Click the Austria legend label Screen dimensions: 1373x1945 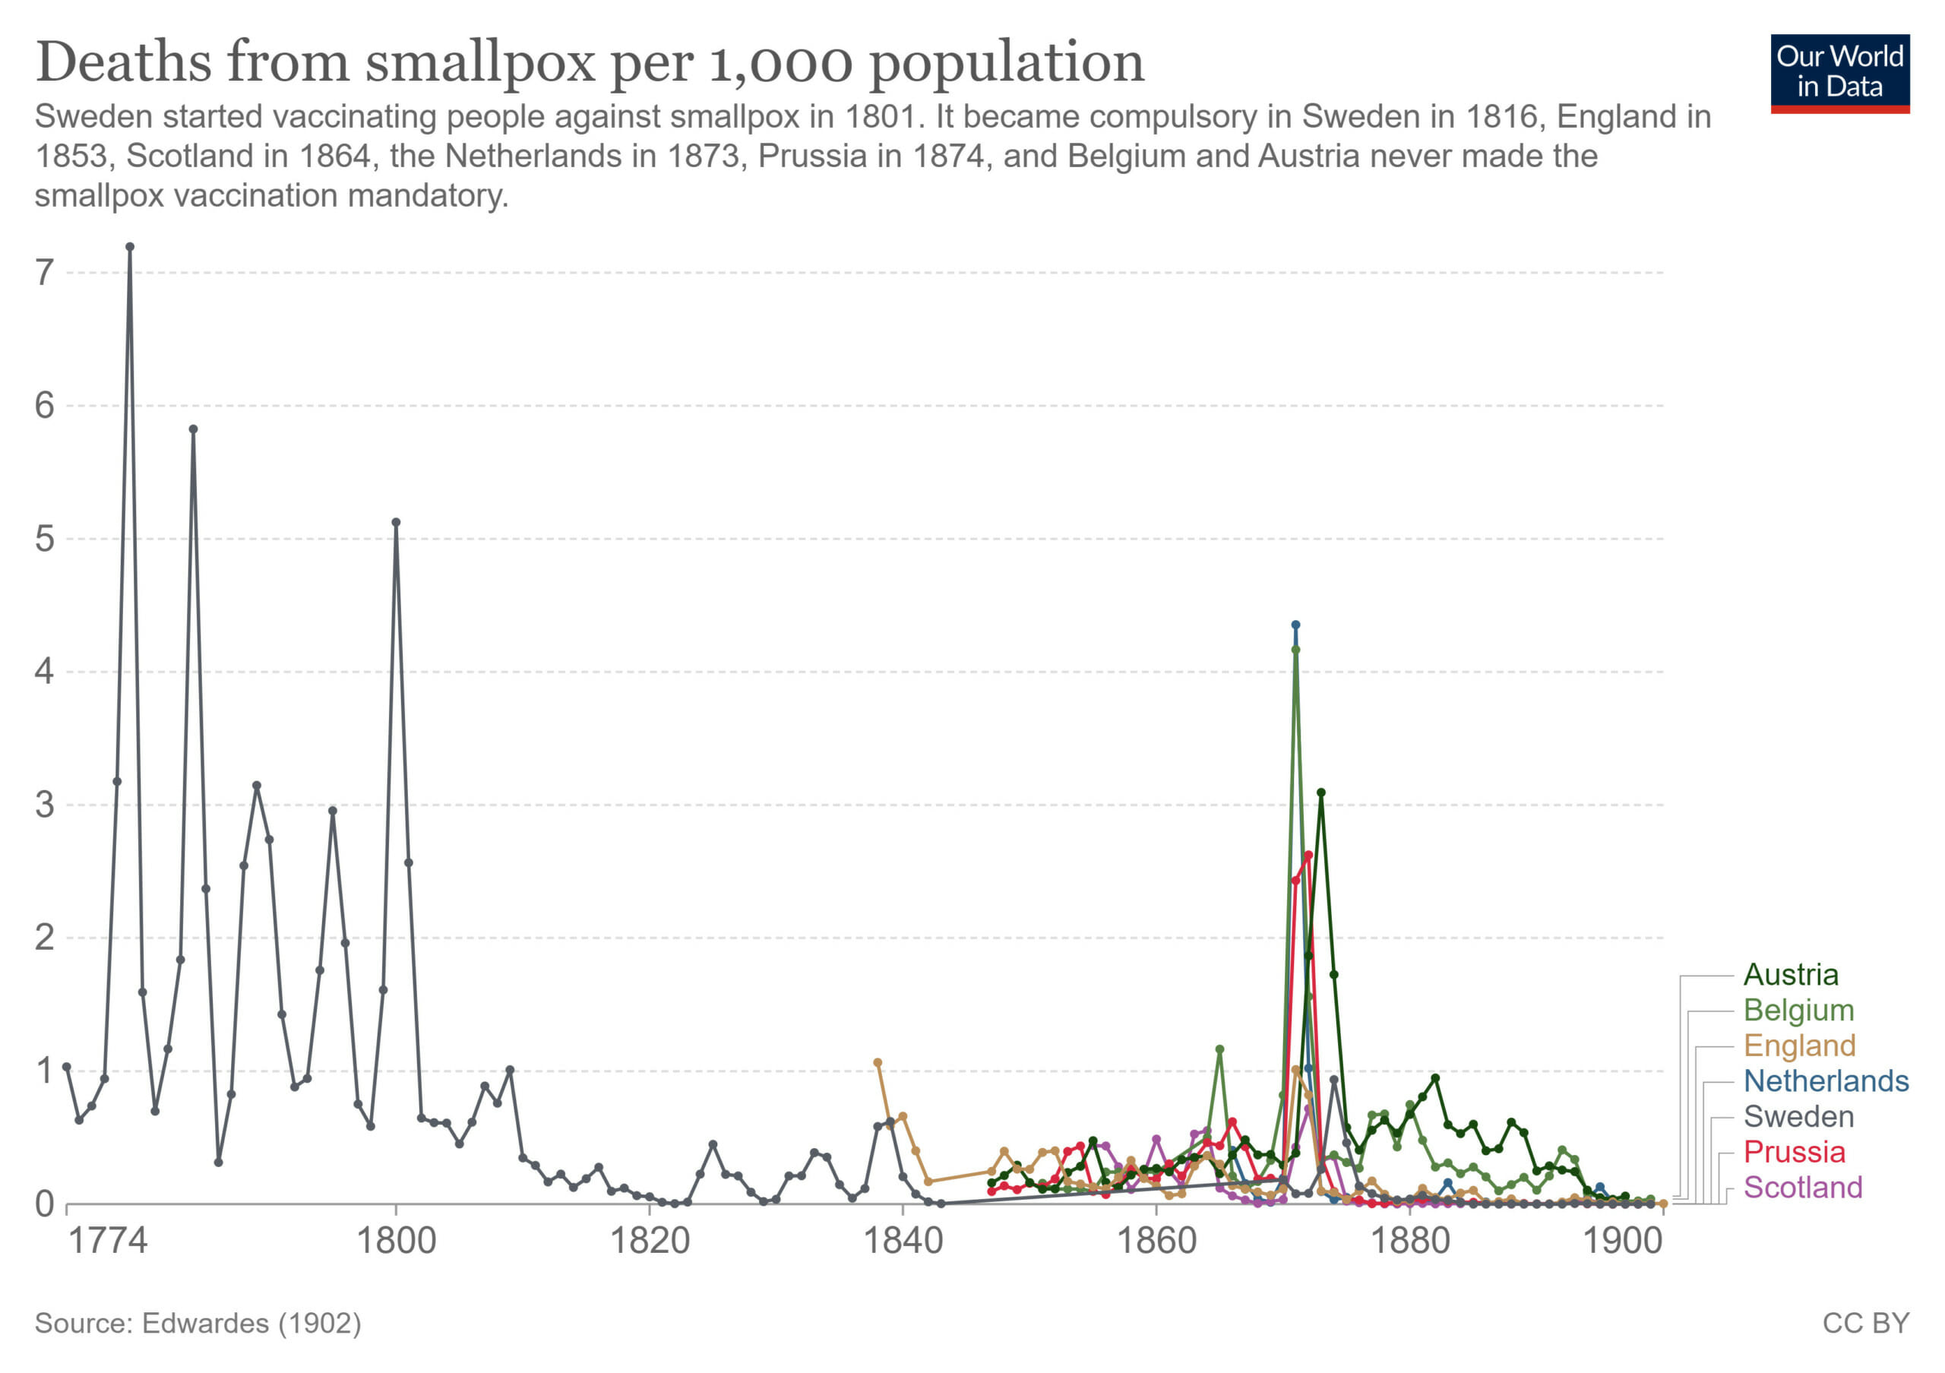click(x=1790, y=975)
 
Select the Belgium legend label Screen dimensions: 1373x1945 click(x=1798, y=1011)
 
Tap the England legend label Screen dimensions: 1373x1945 click(x=1799, y=1046)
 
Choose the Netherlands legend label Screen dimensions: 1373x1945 click(x=1826, y=1082)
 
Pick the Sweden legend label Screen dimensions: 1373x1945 click(x=1798, y=1117)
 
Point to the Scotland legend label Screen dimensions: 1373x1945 click(x=1803, y=1188)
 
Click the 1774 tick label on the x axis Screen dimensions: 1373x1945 click(x=108, y=1242)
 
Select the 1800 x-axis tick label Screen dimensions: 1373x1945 click(x=396, y=1242)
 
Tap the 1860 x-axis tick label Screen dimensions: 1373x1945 click(x=1156, y=1242)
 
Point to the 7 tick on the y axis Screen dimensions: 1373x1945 click(x=44, y=273)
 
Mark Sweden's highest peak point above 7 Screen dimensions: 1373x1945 click(x=130, y=248)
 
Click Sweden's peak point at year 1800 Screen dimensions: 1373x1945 click(x=396, y=523)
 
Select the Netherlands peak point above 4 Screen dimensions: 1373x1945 click(x=1295, y=625)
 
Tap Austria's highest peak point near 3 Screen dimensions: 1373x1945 click(x=1320, y=792)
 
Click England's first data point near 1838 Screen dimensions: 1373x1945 click(x=878, y=1063)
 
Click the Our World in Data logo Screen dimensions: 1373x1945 click(x=1840, y=73)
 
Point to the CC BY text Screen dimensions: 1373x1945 click(x=1865, y=1323)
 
